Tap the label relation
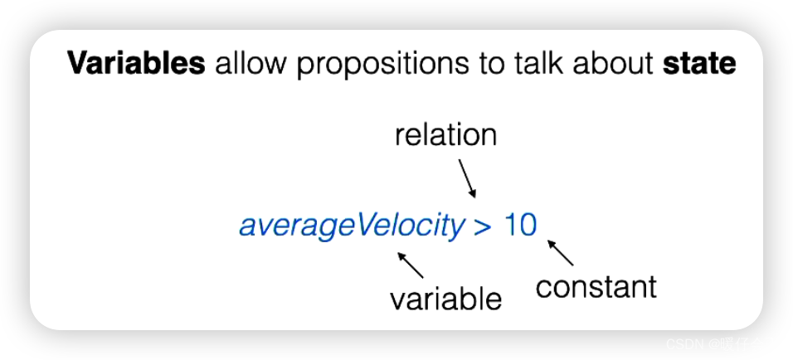tap(445, 135)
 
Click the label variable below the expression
tap(445, 299)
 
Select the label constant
tap(596, 287)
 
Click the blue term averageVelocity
tap(352, 226)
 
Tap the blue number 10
tap(520, 225)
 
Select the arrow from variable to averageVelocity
tap(411, 265)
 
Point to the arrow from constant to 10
tap(560, 253)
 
